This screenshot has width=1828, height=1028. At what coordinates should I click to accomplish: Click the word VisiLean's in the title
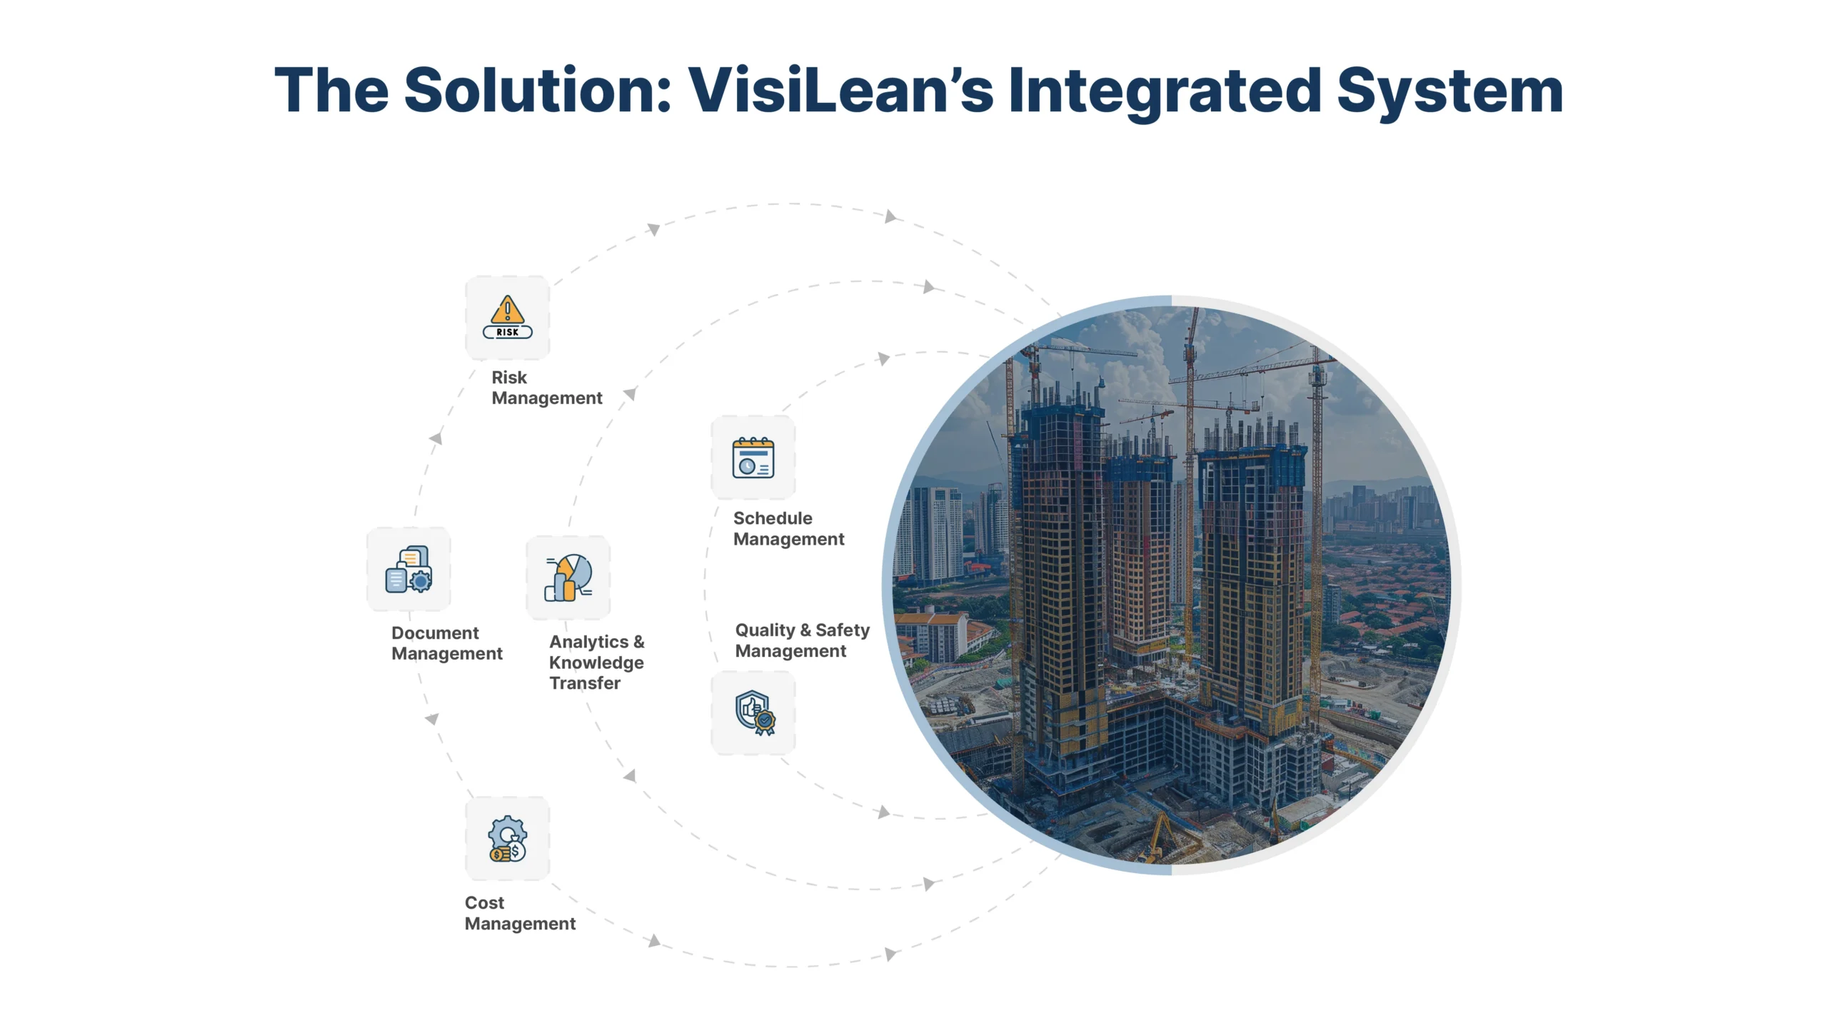point(840,91)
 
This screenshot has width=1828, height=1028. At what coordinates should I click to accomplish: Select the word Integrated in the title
point(1164,91)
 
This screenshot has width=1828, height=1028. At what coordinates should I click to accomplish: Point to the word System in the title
point(1450,91)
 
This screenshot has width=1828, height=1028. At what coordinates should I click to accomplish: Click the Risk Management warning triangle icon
point(507,311)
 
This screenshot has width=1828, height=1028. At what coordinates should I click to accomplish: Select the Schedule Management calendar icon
point(753,458)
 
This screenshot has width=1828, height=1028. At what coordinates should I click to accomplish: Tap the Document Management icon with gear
point(408,570)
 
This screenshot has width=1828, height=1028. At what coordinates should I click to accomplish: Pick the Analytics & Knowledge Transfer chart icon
point(568,578)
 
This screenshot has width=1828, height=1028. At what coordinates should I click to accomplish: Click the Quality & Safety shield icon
point(754,712)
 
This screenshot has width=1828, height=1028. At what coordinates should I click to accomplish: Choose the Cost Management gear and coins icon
point(507,839)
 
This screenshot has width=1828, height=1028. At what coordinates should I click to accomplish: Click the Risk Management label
point(546,388)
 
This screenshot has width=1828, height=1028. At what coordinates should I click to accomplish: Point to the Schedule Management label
point(788,528)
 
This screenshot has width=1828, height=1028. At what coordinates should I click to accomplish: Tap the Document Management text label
point(446,643)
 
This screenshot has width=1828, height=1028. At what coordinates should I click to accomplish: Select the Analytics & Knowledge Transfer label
point(596,662)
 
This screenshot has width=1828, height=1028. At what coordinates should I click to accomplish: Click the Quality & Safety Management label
point(801,640)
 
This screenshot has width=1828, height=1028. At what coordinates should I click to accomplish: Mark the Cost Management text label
point(520,913)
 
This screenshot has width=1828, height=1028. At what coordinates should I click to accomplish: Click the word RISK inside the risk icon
point(507,332)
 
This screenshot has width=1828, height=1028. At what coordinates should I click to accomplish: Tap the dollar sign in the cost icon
point(516,851)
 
